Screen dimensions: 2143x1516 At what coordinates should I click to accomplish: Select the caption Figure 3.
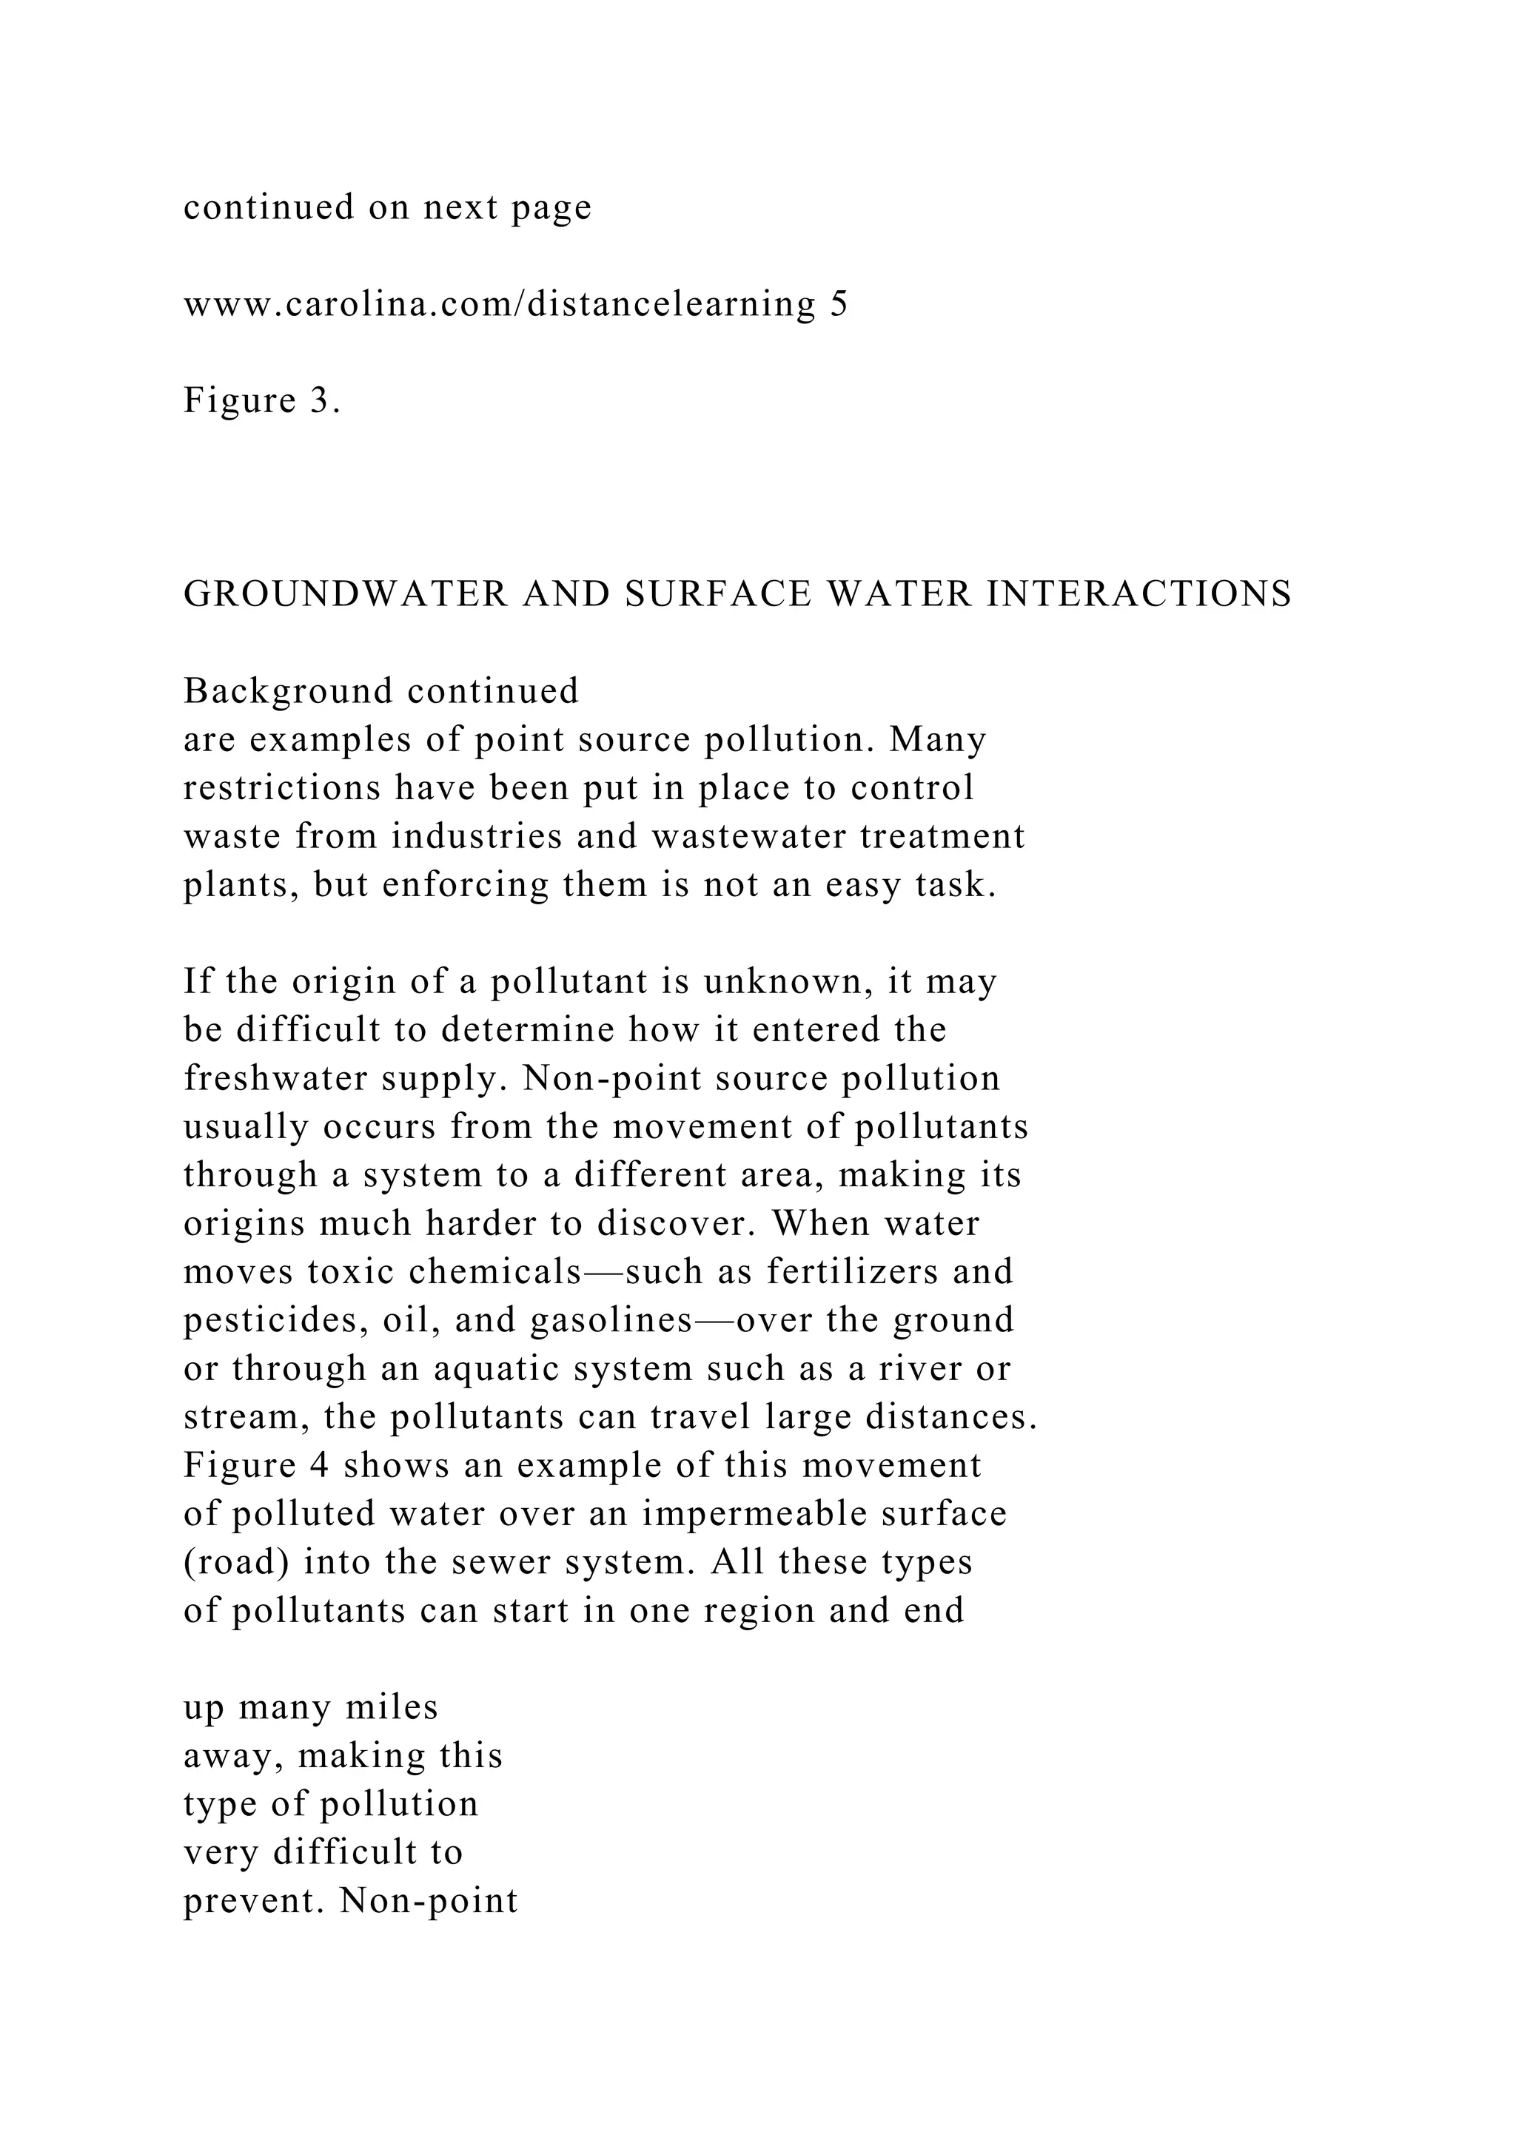point(261,401)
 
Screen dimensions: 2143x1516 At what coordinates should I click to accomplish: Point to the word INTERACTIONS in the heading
point(1139,594)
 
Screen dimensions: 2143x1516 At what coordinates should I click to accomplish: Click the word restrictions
point(282,789)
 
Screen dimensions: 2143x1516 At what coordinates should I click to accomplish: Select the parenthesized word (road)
point(235,1562)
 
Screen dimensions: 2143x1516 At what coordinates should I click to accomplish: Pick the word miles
point(391,1708)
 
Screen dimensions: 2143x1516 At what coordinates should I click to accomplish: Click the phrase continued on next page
point(387,207)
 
